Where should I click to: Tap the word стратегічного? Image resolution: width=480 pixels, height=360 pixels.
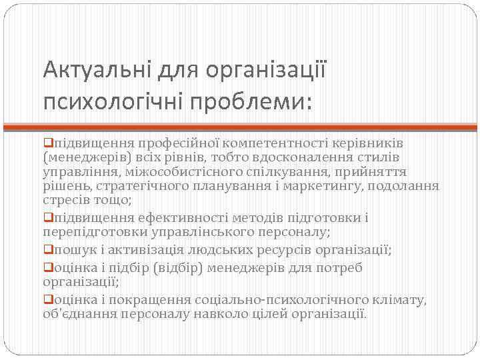pyautogui.click(x=137, y=185)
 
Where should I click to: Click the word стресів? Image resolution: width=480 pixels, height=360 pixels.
pyautogui.click(x=65, y=199)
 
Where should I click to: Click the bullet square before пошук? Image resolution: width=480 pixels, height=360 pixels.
pyautogui.click(x=47, y=249)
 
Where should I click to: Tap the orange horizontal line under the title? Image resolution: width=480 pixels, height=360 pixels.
pyautogui.click(x=240, y=125)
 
